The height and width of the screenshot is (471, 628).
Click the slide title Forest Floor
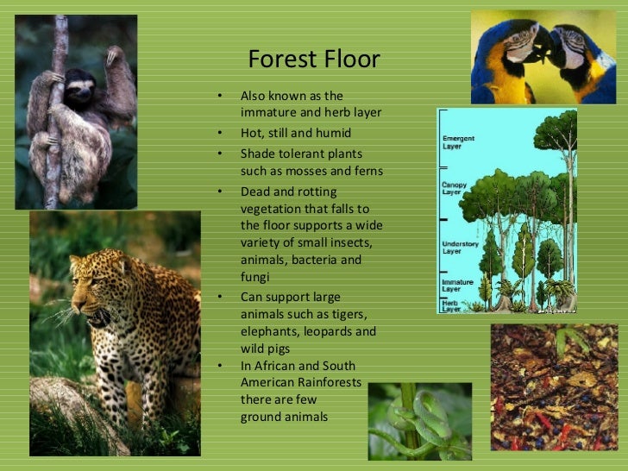click(x=313, y=60)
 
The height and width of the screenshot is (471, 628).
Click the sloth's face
click(x=80, y=88)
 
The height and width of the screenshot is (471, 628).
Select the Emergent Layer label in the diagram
click(x=458, y=141)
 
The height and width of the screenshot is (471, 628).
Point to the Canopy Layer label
click(x=455, y=187)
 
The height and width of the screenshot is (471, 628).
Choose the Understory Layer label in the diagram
click(x=460, y=248)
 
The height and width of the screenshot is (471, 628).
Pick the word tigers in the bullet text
click(x=348, y=314)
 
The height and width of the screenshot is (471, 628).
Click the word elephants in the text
click(x=270, y=331)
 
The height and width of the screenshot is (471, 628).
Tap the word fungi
click(x=255, y=278)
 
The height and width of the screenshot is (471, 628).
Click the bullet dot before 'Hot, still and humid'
click(x=220, y=134)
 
